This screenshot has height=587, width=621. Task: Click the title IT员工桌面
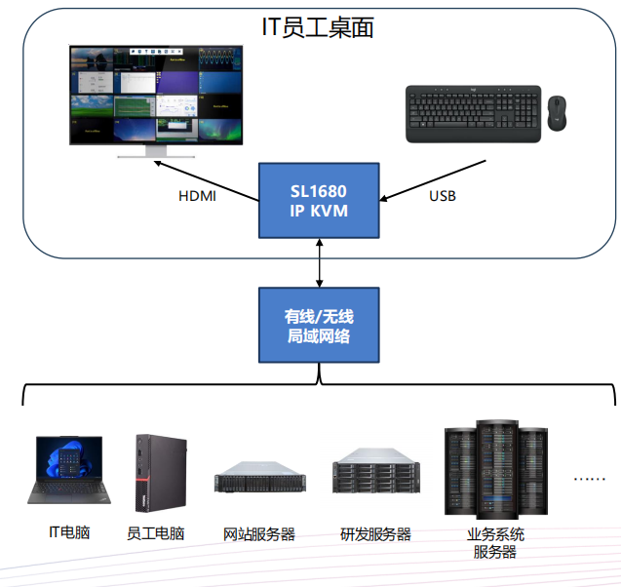(x=318, y=27)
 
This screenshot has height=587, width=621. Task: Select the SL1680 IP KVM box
(x=318, y=200)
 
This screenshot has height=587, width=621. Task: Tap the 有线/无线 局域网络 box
(x=318, y=326)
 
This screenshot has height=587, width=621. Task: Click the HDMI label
(x=197, y=196)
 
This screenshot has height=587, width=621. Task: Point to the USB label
(x=442, y=196)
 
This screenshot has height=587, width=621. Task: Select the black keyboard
(x=473, y=113)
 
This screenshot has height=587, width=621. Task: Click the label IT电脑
(x=69, y=532)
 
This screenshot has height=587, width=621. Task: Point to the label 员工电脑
(x=156, y=533)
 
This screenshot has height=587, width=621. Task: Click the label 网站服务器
(x=259, y=533)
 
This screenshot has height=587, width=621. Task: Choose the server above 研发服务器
(x=374, y=476)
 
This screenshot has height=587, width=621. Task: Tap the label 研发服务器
(x=375, y=533)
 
